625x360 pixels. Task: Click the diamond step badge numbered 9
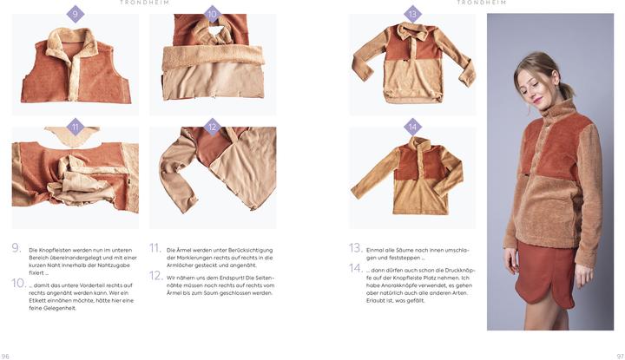76,14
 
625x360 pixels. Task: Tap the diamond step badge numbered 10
213,14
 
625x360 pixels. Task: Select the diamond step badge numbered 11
76,127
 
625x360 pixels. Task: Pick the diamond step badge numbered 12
213,127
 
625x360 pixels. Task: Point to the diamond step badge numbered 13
412,14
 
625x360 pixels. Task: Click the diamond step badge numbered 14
412,127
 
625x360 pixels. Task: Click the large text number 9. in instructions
16,248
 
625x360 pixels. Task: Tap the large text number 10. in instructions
18,283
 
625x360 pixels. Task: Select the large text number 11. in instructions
155,248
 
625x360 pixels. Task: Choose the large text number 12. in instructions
156,275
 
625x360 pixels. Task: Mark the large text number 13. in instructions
356,248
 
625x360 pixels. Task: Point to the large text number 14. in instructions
356,268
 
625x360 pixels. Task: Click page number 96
6,356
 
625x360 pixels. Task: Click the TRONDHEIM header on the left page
144,3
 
